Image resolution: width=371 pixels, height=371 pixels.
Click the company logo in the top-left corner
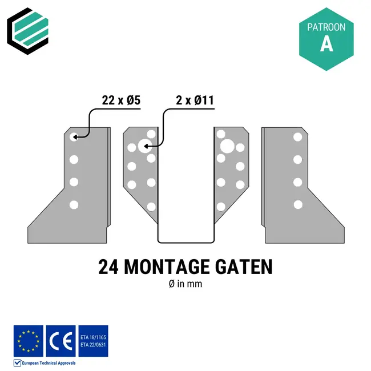pyautogui.click(x=27, y=27)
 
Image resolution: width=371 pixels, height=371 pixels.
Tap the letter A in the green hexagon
pyautogui.click(x=326, y=44)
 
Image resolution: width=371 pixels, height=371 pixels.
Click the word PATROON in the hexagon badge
pyautogui.click(x=326, y=27)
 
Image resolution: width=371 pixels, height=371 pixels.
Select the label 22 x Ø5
pyautogui.click(x=121, y=100)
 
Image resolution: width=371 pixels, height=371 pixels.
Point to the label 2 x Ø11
pyautogui.click(x=195, y=100)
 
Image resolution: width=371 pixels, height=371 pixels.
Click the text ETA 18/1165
pyautogui.click(x=93, y=337)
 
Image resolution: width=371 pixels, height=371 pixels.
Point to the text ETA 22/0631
pyautogui.click(x=93, y=345)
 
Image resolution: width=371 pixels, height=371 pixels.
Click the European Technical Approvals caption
pyautogui.click(x=49, y=363)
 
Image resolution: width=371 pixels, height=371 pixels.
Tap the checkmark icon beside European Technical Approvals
pyautogui.click(x=17, y=362)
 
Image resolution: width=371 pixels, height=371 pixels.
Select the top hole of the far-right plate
pyautogui.click(x=297, y=137)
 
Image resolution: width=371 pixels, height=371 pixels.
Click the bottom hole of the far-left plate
pyautogui.click(x=74, y=204)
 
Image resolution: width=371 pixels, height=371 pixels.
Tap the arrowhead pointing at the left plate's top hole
pyautogui.click(x=75, y=137)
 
